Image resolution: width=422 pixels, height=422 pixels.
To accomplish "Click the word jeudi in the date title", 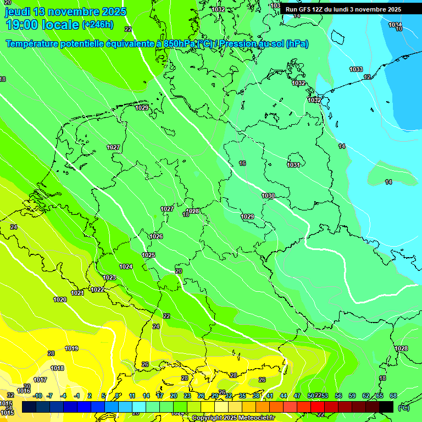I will point(18,12).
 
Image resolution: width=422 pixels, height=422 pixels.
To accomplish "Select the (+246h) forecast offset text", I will point(98,25).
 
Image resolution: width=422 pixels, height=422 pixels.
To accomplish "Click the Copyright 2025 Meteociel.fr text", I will point(233,418).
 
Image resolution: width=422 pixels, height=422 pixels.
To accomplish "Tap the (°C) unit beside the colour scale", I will point(403,407).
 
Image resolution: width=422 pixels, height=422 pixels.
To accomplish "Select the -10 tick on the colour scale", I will point(37,396).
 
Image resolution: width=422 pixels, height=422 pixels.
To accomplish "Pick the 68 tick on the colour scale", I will point(393,396).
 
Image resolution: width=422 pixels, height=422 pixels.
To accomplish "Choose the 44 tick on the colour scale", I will point(284,396).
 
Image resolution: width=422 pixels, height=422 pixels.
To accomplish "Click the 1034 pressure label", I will point(395,25).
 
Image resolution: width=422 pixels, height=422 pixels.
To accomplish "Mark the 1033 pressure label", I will point(356,69).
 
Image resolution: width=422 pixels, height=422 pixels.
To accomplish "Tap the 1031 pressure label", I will point(293,165).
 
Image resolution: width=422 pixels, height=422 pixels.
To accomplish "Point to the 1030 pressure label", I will point(268,196).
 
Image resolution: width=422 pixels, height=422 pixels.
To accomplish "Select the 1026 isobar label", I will point(156,236).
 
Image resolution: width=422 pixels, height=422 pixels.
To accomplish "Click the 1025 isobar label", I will point(148,255).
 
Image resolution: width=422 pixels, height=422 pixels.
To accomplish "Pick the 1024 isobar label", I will point(126,266).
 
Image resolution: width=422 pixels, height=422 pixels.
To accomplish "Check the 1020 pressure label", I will point(60,299).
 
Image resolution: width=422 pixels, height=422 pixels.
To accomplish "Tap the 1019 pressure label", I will point(71,348).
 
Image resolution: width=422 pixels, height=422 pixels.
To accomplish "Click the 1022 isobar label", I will point(97,290).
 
